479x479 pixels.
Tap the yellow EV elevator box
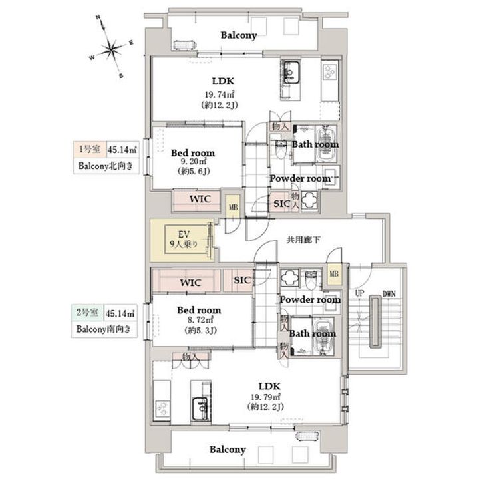pyautogui.click(x=181, y=239)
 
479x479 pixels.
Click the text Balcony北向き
pyautogui.click(x=106, y=166)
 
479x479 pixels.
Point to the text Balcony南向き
pyautogui.click(x=106, y=328)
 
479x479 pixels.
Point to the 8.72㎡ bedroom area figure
pyautogui.click(x=199, y=321)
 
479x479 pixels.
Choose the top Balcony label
pyautogui.click(x=240, y=35)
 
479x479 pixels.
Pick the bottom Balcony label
pyautogui.click(x=228, y=450)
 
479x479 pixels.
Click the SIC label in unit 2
pyautogui.click(x=243, y=280)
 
